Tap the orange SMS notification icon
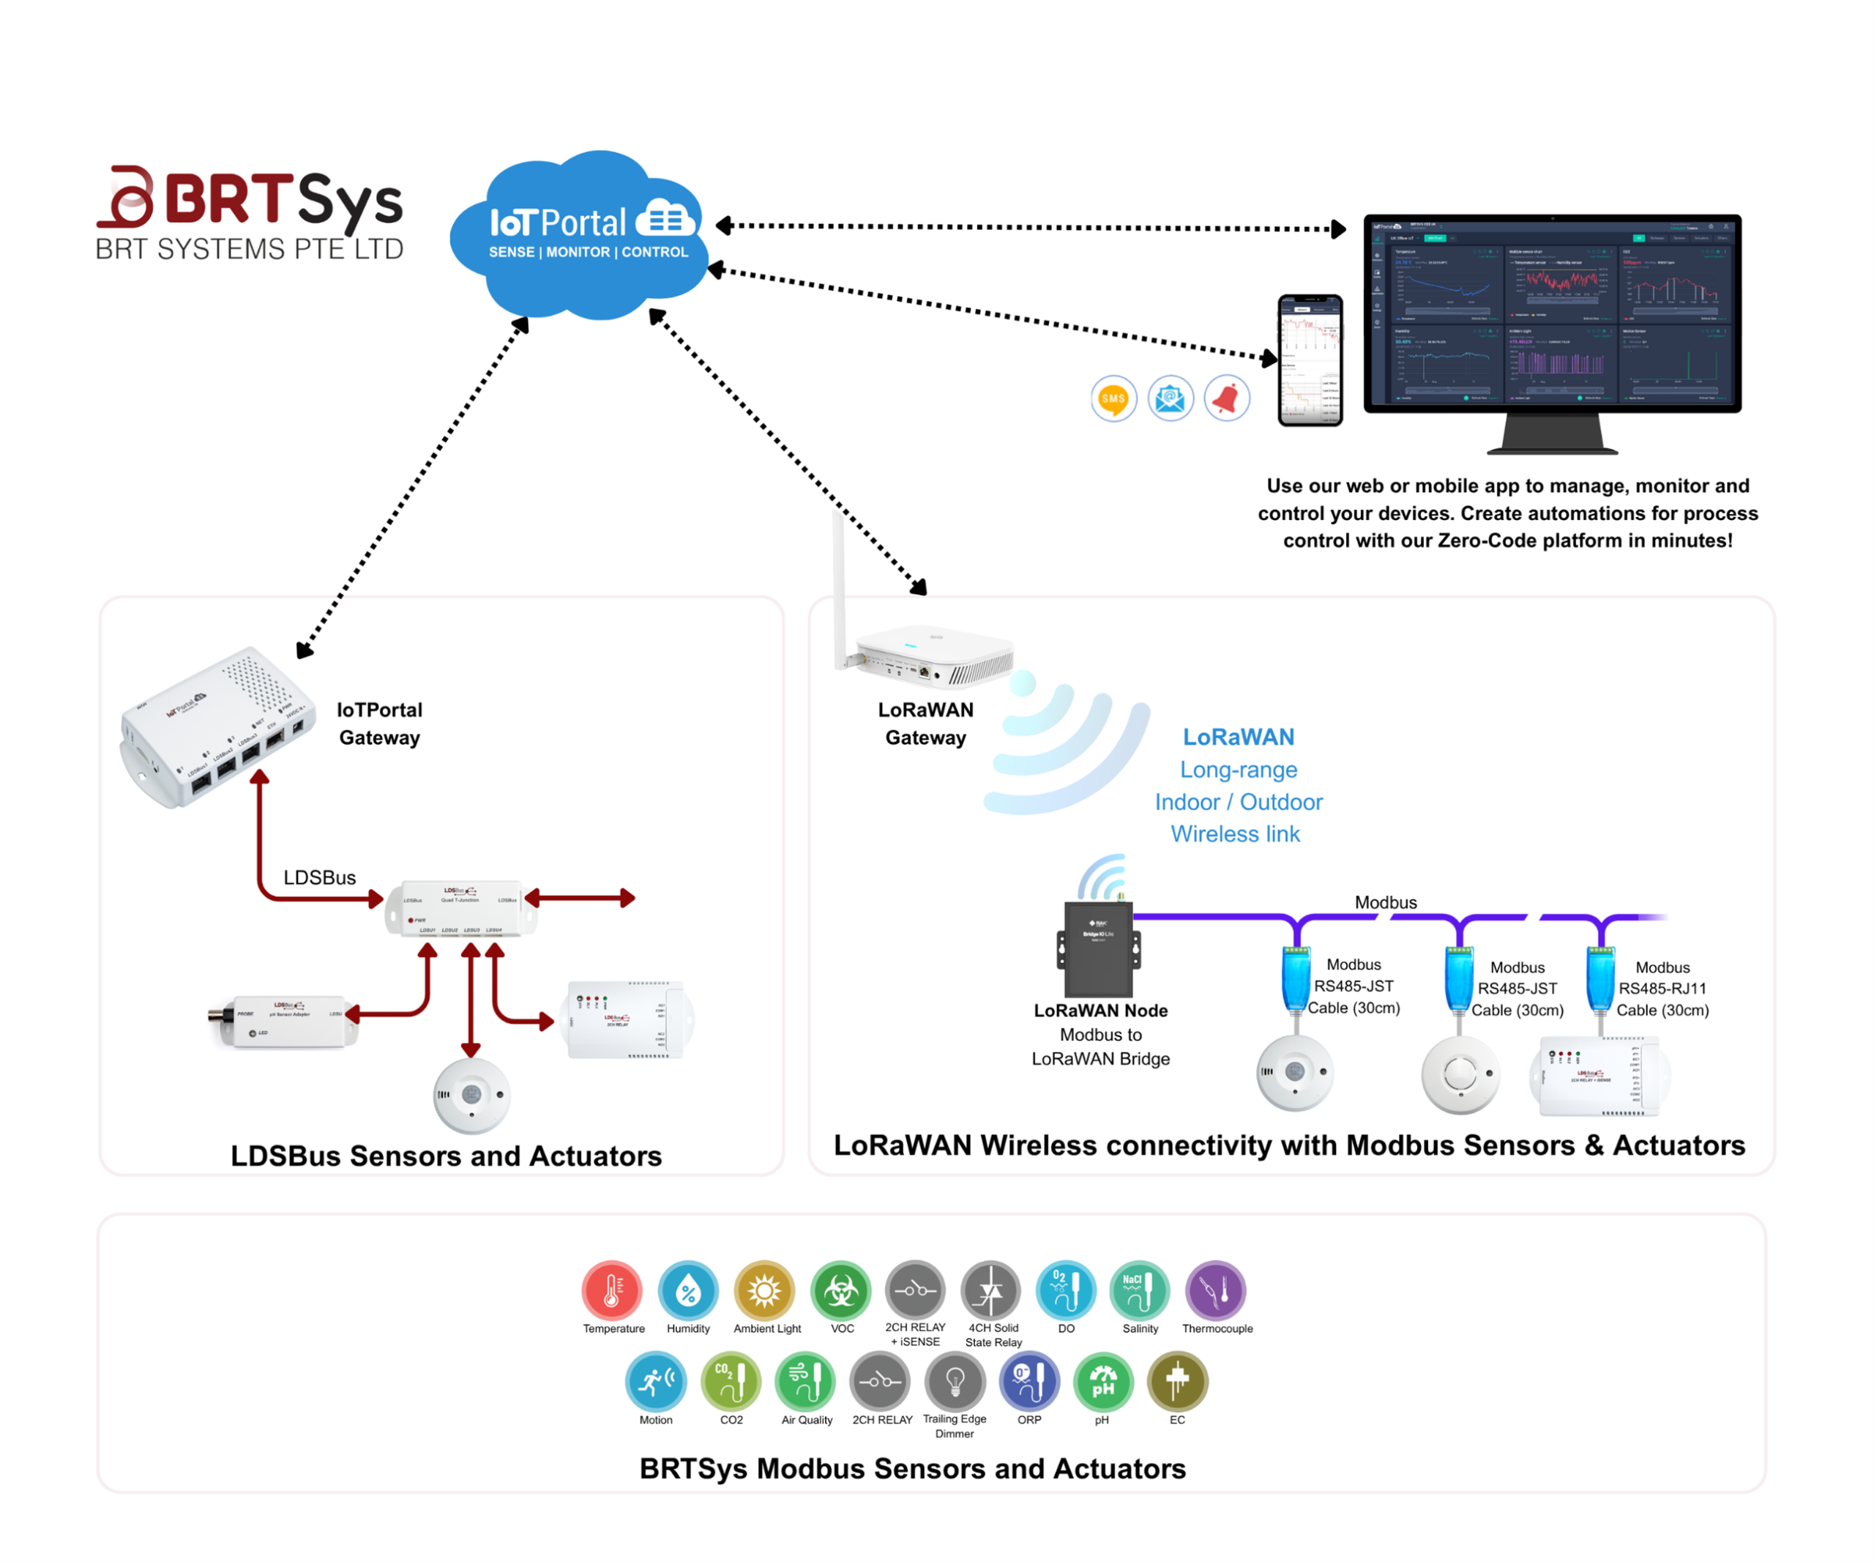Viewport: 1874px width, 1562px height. [x=1113, y=398]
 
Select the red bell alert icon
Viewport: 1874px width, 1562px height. [x=1227, y=398]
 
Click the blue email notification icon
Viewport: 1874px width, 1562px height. [x=1170, y=398]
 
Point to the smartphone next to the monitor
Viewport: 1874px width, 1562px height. [x=1310, y=360]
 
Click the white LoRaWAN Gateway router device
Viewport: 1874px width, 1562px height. [x=933, y=659]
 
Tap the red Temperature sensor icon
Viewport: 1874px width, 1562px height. [x=612, y=1290]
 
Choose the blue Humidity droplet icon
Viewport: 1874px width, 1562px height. [x=688, y=1290]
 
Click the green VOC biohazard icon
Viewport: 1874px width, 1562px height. [x=840, y=1290]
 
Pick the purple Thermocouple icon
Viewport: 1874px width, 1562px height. [x=1215, y=1290]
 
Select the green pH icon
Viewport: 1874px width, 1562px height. [x=1103, y=1382]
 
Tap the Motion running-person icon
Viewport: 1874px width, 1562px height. [x=656, y=1382]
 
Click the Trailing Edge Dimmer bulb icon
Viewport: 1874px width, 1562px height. [x=955, y=1382]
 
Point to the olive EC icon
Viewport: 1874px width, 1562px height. [x=1177, y=1382]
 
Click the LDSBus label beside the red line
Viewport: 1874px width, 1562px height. [x=319, y=877]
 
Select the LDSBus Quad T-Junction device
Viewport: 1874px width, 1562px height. [x=460, y=909]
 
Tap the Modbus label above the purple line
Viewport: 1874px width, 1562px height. [x=1385, y=902]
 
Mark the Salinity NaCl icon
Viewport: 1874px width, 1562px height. [x=1140, y=1290]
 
